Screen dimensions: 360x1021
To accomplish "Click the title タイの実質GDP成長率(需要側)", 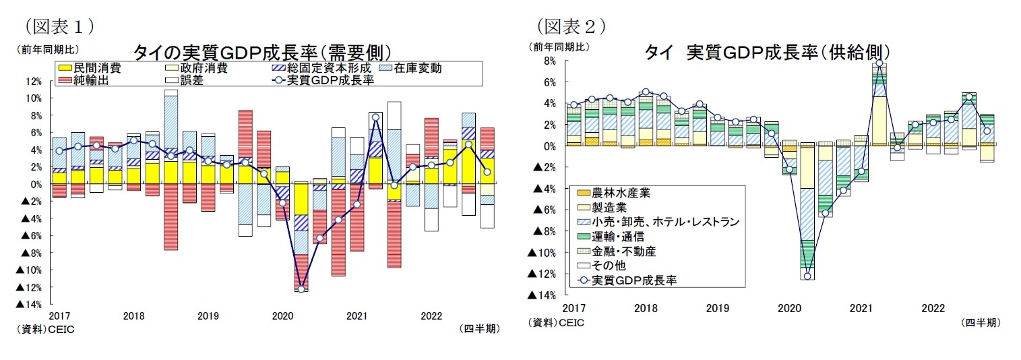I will (x=263, y=53).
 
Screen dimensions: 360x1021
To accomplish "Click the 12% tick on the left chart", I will (x=32, y=82).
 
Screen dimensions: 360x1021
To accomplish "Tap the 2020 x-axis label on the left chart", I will (x=282, y=316).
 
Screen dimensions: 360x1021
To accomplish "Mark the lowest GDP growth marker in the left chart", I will (x=301, y=289).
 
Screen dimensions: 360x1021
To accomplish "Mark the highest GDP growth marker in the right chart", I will (x=879, y=63).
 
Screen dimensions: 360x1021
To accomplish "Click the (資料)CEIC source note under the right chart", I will (x=557, y=323).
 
